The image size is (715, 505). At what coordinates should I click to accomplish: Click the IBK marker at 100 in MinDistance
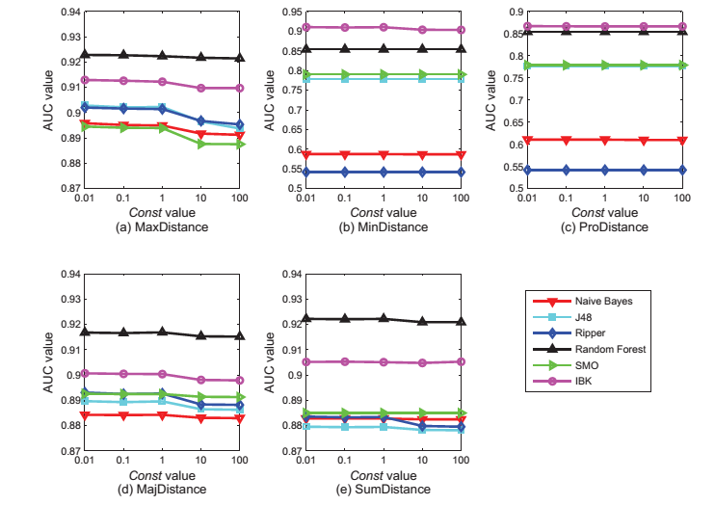461,30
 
